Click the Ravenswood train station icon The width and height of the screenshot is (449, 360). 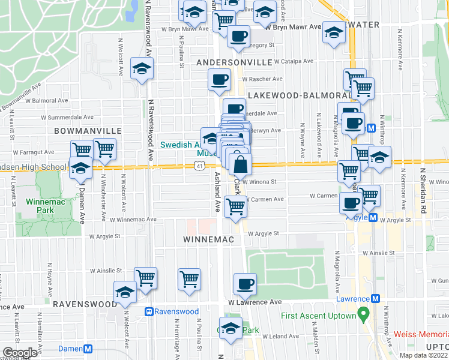click(x=149, y=311)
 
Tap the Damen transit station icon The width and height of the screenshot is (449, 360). click(x=88, y=349)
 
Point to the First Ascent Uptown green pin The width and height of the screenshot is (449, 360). click(x=363, y=314)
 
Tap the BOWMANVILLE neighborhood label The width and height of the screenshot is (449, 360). click(x=88, y=130)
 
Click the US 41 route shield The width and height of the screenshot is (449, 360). click(x=199, y=166)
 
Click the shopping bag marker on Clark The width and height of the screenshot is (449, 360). click(x=240, y=164)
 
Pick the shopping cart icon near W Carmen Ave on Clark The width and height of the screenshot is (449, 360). click(x=236, y=206)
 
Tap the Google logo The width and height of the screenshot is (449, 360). click(x=20, y=353)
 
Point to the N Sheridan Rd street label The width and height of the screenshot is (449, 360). click(x=423, y=191)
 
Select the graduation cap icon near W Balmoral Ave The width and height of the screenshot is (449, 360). click(x=142, y=69)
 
